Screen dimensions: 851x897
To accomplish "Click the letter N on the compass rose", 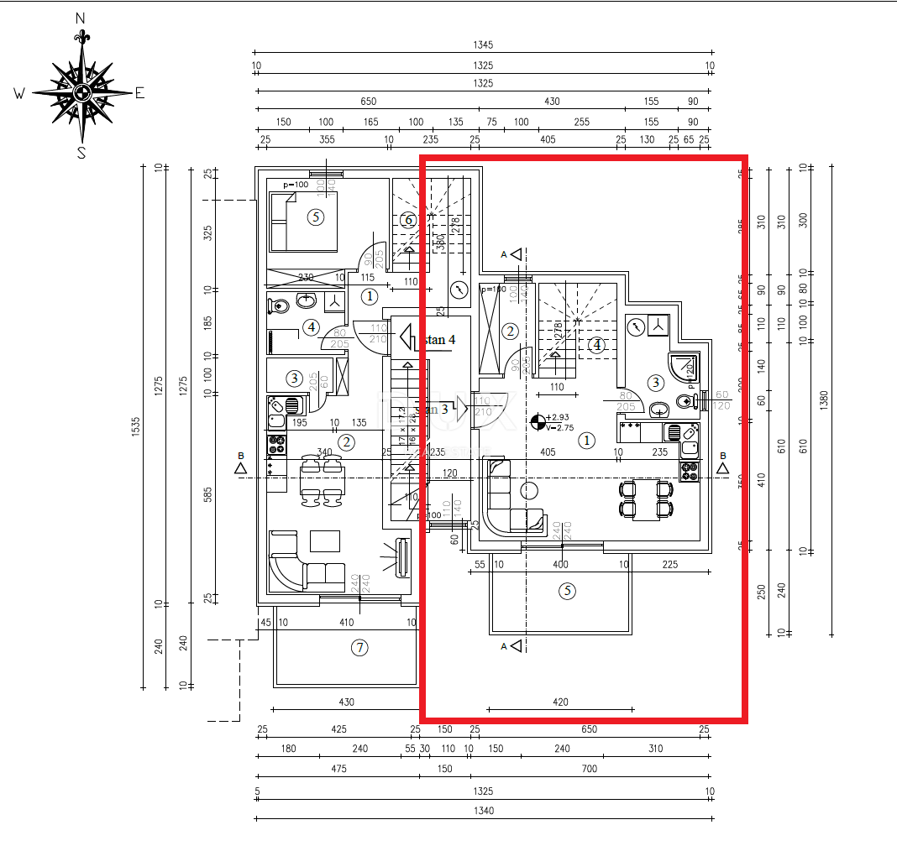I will (x=81, y=18).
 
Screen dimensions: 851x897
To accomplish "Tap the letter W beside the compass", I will (x=18, y=94).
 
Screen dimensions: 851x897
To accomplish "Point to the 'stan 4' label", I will (x=439, y=340).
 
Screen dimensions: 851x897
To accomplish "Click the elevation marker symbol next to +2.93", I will (x=538, y=422).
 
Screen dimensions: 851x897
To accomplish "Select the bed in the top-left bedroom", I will (x=302, y=221).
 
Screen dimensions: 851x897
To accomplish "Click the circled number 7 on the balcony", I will (x=359, y=647).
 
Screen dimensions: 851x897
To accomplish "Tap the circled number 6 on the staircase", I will (x=408, y=221).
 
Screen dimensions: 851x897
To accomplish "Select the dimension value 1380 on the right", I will (x=825, y=396).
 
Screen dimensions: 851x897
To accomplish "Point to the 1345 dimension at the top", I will (x=483, y=45).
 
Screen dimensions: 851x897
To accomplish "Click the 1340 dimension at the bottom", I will (x=483, y=811).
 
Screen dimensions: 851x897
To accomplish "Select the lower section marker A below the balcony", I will (x=514, y=645).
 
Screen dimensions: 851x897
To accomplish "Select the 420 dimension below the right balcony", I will (x=560, y=702).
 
